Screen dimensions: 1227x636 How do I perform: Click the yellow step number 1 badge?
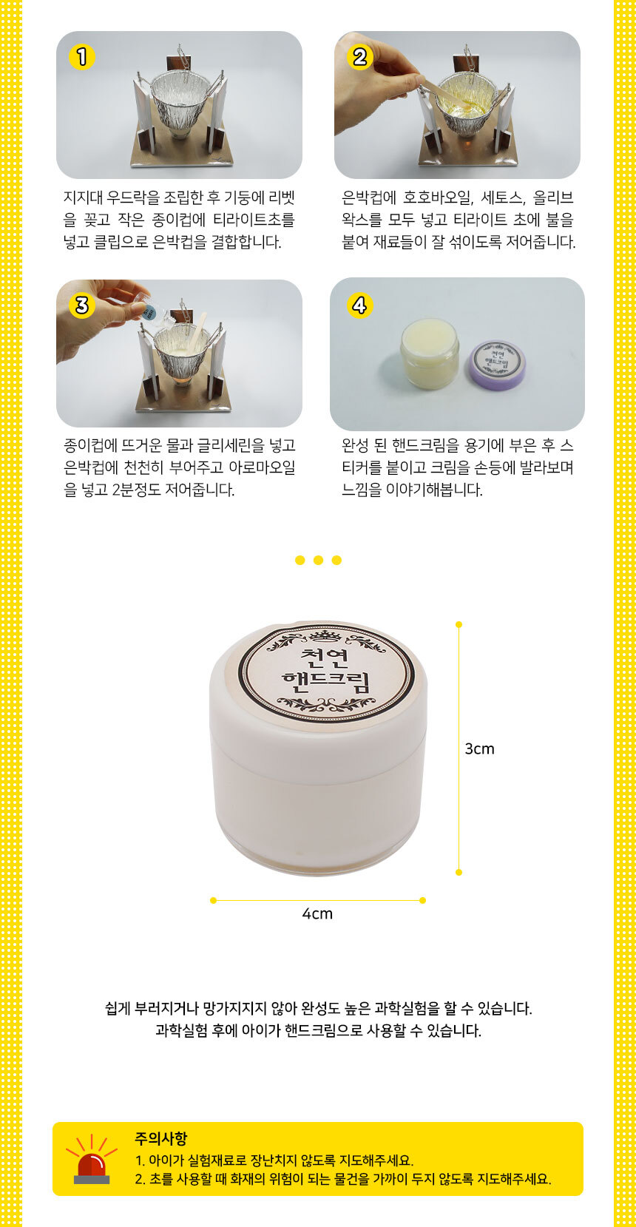(82, 57)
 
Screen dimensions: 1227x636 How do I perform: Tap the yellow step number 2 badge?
(360, 57)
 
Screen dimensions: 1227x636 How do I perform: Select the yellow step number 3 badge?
(82, 305)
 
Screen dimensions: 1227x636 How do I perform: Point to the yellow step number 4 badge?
(360, 305)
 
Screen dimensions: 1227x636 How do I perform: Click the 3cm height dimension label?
(479, 748)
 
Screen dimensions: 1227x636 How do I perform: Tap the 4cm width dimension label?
(317, 914)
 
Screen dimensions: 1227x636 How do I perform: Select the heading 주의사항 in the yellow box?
(161, 1139)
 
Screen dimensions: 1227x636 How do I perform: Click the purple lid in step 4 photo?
(498, 365)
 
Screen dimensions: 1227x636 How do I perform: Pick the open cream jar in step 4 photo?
(430, 354)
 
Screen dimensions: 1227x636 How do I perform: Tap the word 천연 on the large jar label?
(325, 658)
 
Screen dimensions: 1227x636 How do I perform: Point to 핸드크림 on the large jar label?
(325, 682)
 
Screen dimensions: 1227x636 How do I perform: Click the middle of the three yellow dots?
(318, 560)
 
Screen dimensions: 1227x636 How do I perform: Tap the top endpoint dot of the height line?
(459, 625)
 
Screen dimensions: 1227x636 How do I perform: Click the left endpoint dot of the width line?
(214, 900)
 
